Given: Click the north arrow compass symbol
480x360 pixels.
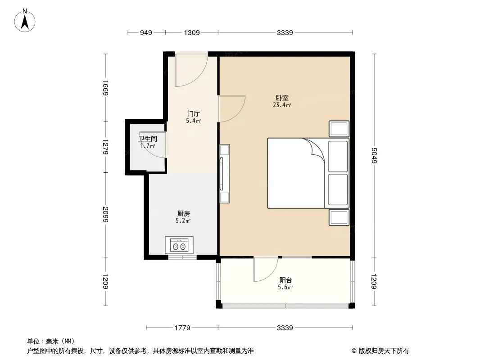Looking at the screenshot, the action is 25,21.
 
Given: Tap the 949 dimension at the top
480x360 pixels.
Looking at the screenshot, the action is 146,33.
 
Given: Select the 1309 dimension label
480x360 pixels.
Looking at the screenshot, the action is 192,33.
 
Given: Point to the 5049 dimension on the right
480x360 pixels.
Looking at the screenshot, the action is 374,156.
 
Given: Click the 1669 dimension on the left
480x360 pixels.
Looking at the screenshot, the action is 106,88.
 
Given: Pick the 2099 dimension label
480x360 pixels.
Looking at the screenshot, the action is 106,215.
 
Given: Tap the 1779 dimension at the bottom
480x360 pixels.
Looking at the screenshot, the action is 182,328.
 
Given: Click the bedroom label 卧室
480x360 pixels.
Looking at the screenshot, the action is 282,98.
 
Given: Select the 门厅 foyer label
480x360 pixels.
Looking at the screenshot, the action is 194,114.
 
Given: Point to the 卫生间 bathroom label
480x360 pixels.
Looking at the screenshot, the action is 148,139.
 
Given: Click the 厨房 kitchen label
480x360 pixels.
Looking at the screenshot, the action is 183,213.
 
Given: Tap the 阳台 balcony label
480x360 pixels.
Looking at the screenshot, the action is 285,280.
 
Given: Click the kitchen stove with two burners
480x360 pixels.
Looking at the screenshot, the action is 179,245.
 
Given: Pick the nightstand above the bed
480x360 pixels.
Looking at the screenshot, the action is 339,129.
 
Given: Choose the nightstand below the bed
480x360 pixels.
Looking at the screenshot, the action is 339,217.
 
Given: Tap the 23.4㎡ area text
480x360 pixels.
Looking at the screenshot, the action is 282,105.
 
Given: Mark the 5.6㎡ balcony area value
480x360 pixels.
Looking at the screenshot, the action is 285,287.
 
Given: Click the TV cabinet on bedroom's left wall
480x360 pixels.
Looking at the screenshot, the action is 224,174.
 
